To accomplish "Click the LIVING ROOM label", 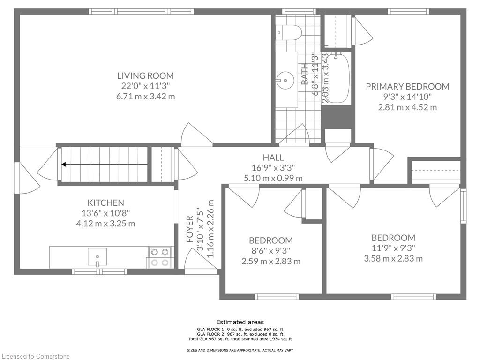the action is coord(145,75).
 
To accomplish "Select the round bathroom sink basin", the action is coord(285,81).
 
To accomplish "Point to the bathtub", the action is coord(336,78).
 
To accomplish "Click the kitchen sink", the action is coord(97,257).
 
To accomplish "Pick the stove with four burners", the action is coord(160,257).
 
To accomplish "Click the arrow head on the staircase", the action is coord(64,165).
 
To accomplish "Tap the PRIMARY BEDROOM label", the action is coord(407,87).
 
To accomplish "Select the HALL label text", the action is coord(273,157).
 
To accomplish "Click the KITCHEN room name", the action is coord(105,202).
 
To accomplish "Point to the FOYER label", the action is coord(190,229).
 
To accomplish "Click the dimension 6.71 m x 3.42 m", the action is coord(145,97).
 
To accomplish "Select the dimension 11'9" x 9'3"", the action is coord(393,248).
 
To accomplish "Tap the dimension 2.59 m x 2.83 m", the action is coord(271,261).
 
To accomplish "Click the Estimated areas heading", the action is coord(240,322).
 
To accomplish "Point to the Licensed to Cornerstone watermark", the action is coord(35,356).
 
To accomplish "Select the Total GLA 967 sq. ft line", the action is coord(240,339).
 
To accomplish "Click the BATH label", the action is coord(305,74).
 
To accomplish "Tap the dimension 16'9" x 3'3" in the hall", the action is coord(273,168).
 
